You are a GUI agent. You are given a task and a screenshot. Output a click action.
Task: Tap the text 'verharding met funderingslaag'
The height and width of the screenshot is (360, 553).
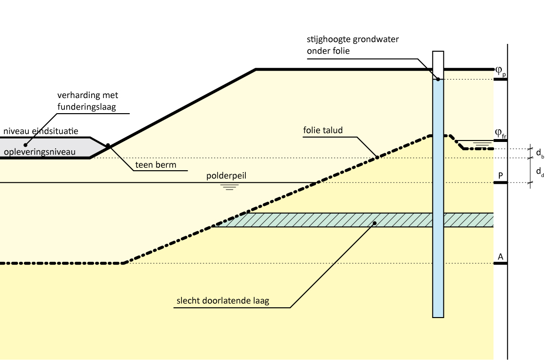point(86,101)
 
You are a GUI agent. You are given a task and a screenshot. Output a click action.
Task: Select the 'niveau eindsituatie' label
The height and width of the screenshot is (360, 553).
point(47,131)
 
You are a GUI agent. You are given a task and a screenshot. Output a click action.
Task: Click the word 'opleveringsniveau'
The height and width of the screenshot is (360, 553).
point(39,152)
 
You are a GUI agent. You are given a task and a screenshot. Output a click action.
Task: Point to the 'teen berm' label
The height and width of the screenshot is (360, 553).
point(156,165)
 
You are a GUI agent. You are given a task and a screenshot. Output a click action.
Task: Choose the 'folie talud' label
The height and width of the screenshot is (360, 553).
point(323,130)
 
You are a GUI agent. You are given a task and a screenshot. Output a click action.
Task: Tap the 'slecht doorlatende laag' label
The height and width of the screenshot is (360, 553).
point(222,301)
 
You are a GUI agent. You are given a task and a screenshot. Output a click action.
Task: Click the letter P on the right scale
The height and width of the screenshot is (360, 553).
point(500,175)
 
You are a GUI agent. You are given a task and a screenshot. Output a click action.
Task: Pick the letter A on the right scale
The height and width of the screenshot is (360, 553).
point(500,256)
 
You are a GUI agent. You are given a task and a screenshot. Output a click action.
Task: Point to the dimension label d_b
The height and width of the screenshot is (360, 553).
point(540,154)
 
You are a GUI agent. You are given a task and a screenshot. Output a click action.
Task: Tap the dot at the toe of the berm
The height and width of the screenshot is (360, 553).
point(108,145)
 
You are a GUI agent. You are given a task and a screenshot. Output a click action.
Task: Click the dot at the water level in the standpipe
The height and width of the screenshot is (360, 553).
point(438,79)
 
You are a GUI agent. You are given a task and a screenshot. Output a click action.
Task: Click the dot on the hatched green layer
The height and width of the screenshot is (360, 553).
point(375,223)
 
